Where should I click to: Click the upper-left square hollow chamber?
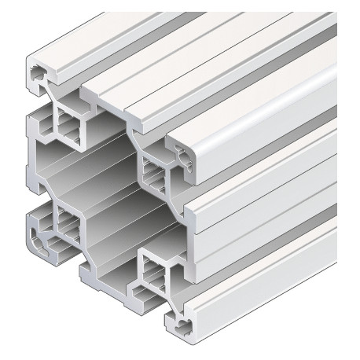click(66, 125)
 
